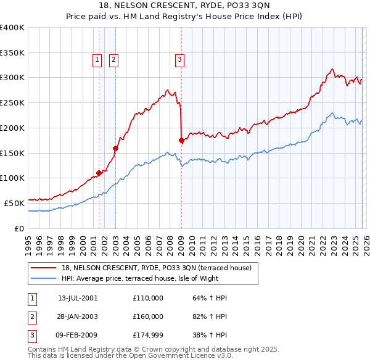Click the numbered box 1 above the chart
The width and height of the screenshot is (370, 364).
pos(97,60)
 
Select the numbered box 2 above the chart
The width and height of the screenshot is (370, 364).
pos(114,60)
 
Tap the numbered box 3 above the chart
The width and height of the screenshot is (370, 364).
pos(179,60)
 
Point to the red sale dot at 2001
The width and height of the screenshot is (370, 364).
pos(99,173)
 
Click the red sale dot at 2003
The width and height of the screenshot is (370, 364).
pos(115,147)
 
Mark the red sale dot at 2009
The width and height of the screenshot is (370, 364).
pos(181,140)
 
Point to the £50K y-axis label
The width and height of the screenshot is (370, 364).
pos(14,202)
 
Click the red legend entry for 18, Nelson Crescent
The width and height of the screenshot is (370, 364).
pos(156,268)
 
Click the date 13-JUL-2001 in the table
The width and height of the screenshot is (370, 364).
pos(77,298)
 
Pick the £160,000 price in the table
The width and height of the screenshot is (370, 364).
pos(147,316)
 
